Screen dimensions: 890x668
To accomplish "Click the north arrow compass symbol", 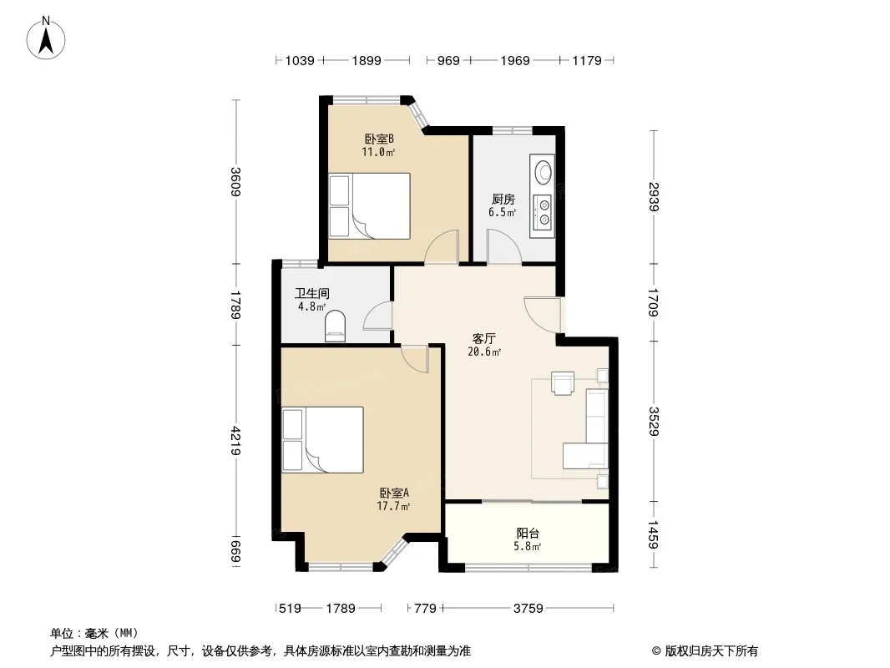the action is (46, 38).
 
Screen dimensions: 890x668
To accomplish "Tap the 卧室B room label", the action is (379, 139).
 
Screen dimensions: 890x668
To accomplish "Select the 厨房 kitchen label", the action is (503, 200).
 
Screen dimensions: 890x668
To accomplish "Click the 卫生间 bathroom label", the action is (311, 293).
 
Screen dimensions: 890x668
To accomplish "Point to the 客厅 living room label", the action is (484, 339).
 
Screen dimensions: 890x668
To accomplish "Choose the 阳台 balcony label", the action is (528, 534).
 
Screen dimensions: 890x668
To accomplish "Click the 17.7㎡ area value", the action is (393, 506).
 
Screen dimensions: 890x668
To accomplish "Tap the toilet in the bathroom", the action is (335, 326).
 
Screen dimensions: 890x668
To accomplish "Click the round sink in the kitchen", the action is (544, 172).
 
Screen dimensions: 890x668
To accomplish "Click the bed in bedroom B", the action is (370, 205).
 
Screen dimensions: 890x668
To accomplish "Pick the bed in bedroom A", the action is (322, 440).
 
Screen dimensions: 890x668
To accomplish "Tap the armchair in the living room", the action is (563, 382).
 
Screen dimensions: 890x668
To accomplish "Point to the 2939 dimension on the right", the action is (654, 196).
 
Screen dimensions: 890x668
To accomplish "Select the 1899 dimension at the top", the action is (367, 60).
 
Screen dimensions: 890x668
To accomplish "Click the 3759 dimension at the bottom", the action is (528, 609).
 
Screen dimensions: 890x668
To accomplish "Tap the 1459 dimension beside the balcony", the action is (654, 534).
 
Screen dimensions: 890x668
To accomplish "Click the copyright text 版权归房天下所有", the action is (711, 651).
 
